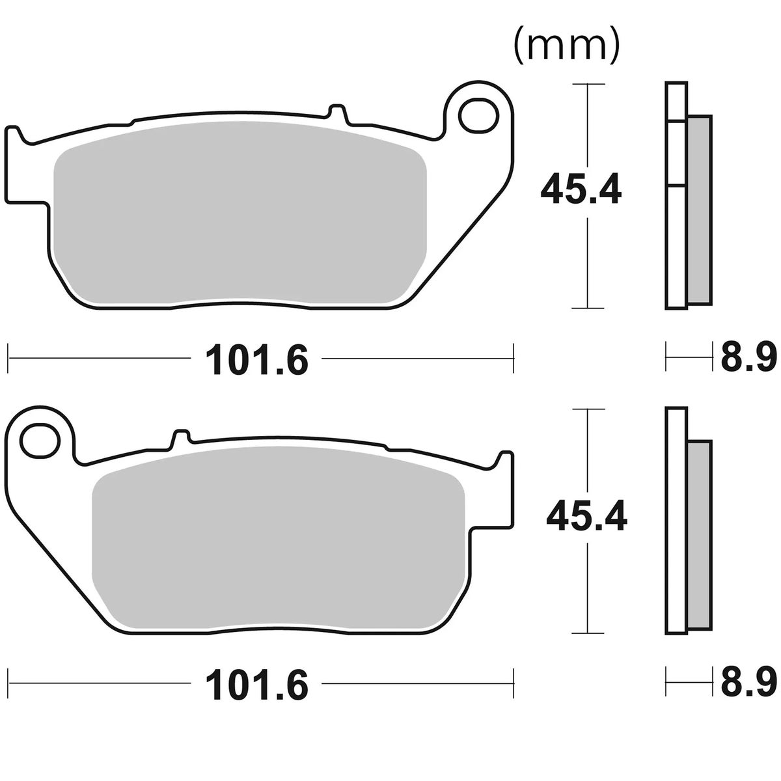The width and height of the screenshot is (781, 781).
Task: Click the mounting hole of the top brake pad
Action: point(478,115)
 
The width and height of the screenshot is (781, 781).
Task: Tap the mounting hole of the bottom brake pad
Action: point(40,440)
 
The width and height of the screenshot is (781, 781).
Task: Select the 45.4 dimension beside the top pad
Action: point(581,189)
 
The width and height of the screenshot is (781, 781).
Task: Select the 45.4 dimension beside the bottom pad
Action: point(586,515)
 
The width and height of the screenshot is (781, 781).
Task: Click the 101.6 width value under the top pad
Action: point(257,359)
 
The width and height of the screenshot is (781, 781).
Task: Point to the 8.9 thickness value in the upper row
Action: point(748,357)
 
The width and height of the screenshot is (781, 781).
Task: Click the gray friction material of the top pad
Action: point(240,213)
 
